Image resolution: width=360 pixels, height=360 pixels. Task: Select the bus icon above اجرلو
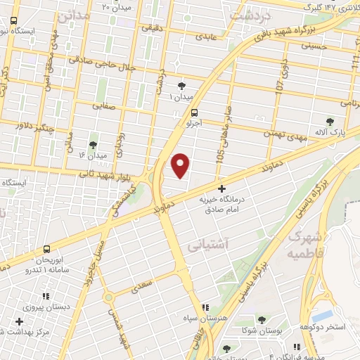click(194, 112)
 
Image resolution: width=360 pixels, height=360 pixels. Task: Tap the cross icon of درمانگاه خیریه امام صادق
click(222, 188)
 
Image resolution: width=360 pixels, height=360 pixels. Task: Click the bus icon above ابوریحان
click(47, 249)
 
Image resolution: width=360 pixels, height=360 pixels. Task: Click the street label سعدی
click(142, 286)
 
